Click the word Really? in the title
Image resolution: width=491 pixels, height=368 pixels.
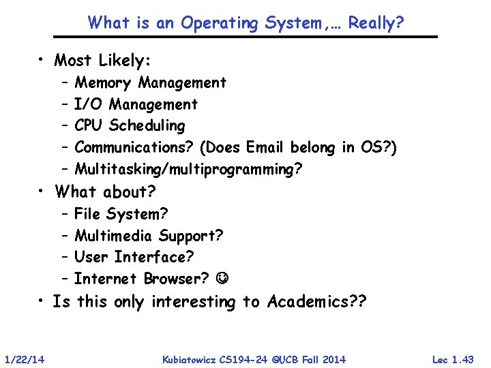pyautogui.click(x=376, y=23)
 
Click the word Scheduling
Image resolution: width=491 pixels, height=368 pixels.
pyautogui.click(x=147, y=126)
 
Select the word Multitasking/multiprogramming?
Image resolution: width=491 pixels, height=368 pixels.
pyautogui.click(x=188, y=169)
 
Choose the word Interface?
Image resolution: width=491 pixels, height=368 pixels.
pyautogui.click(x=154, y=258)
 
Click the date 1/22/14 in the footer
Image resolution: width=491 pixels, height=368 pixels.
pyautogui.click(x=25, y=359)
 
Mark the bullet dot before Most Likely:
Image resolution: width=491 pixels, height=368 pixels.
pyautogui.click(x=42, y=60)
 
